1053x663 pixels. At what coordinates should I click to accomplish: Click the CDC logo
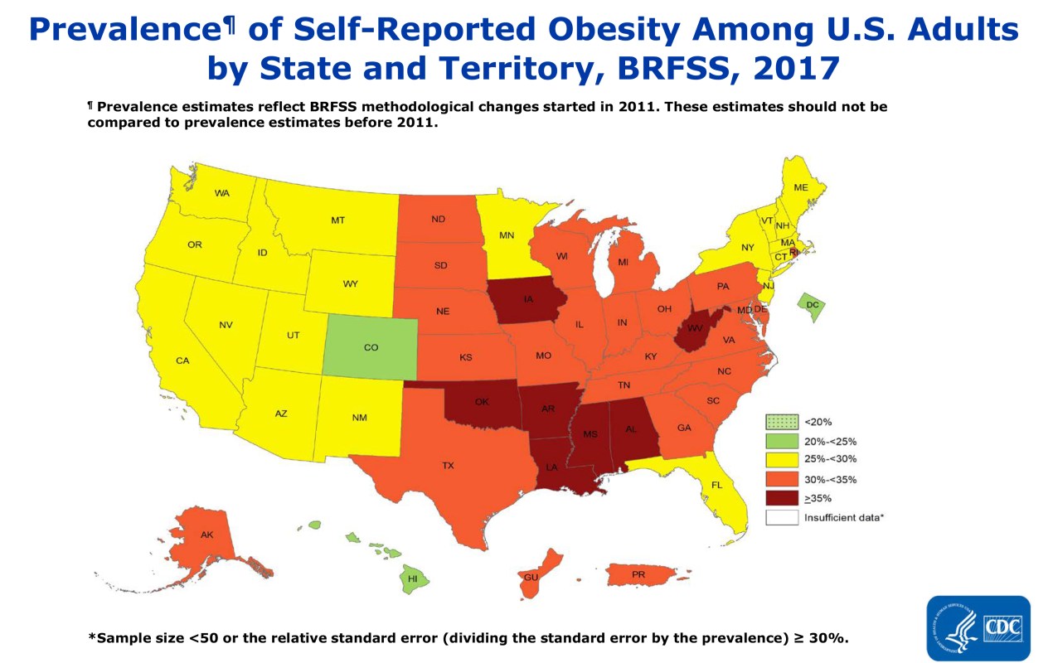pyautogui.click(x=978, y=627)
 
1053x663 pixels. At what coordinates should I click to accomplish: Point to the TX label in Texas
pyautogui.click(x=448, y=466)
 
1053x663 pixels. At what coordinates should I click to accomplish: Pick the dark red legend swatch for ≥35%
pyautogui.click(x=782, y=498)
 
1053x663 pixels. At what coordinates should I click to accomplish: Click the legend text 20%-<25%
pyautogui.click(x=830, y=441)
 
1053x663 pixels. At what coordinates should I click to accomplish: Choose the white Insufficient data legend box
pyautogui.click(x=782, y=518)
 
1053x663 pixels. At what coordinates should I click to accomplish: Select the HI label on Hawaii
pyautogui.click(x=413, y=578)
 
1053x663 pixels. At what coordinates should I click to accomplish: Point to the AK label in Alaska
pyautogui.click(x=206, y=535)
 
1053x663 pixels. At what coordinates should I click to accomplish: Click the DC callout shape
pyautogui.click(x=811, y=306)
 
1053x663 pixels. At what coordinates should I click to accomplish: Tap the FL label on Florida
pyautogui.click(x=716, y=485)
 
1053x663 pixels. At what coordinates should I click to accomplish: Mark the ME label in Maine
pyautogui.click(x=800, y=188)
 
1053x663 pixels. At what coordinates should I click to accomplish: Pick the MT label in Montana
pyautogui.click(x=337, y=220)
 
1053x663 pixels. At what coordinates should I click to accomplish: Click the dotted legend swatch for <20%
pyautogui.click(x=782, y=422)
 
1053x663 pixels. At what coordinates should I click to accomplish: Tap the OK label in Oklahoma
pyautogui.click(x=482, y=402)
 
